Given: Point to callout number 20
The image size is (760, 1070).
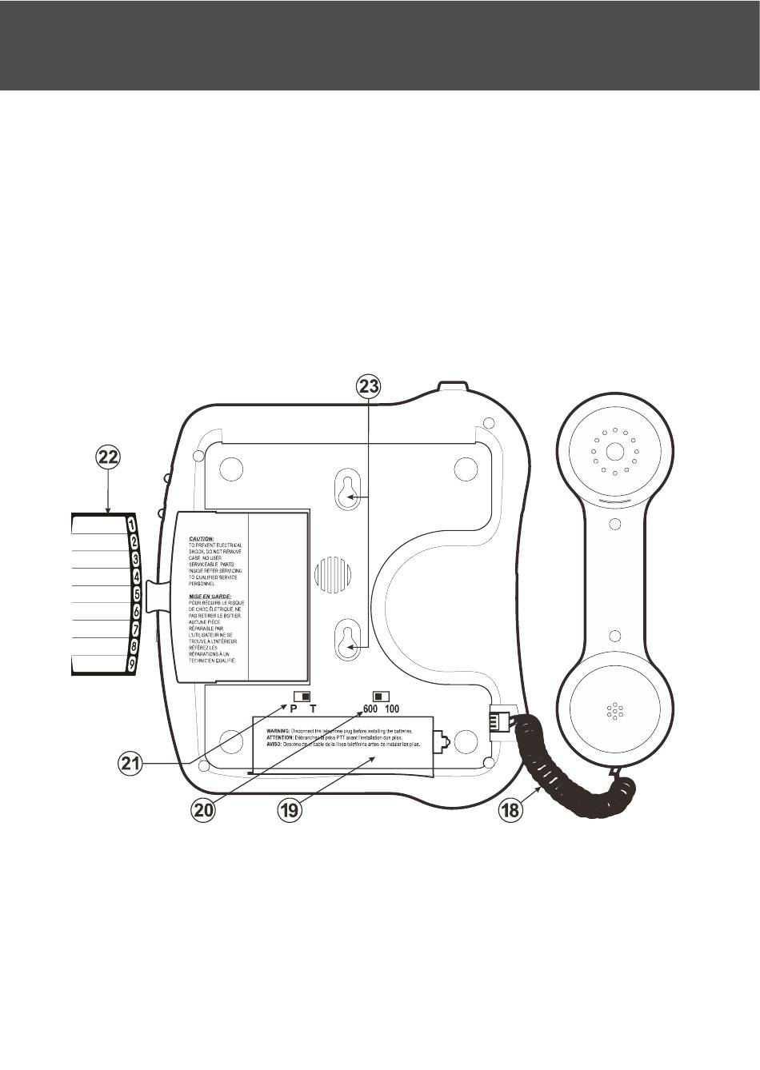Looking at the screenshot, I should [x=204, y=809].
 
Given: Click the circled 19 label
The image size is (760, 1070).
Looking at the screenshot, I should [x=289, y=809].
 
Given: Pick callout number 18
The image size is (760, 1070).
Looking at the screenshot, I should [x=510, y=809].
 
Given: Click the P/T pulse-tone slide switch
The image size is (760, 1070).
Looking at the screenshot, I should [x=302, y=695].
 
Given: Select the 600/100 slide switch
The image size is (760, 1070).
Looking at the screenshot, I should [x=382, y=695].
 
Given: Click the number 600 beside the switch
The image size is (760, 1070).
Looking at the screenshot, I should [x=370, y=709].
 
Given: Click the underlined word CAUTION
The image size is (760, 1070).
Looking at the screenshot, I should [x=201, y=539].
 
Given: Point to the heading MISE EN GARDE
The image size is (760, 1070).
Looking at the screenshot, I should [x=210, y=596].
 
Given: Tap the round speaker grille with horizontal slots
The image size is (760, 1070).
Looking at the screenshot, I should [x=332, y=573].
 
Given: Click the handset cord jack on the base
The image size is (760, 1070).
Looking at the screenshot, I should [x=502, y=721].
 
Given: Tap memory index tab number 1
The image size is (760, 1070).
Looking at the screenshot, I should [x=131, y=523].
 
